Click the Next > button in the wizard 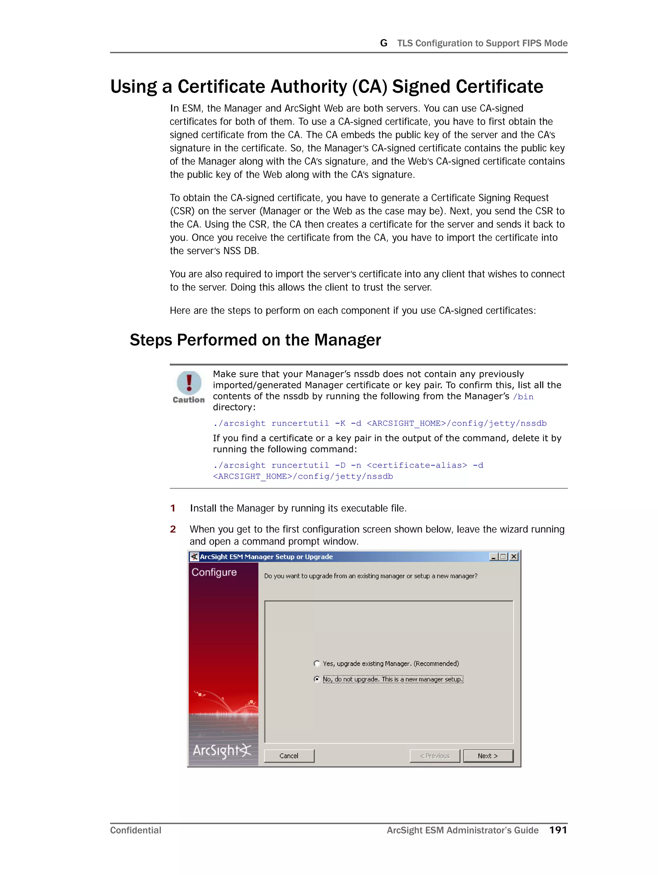click(488, 756)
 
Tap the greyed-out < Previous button click(435, 756)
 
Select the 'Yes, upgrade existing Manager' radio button click(317, 663)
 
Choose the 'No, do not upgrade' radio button click(317, 679)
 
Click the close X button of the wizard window click(514, 556)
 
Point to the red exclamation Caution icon click(189, 382)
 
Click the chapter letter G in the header click(383, 43)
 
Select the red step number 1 click(173, 508)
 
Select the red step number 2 click(173, 529)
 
